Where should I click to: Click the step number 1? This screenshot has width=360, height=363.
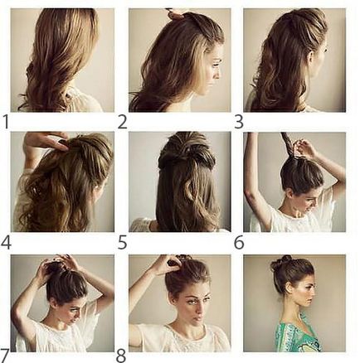coord(6,122)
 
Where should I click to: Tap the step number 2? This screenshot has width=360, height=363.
coord(122,122)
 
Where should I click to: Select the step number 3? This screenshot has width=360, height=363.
coord(239,122)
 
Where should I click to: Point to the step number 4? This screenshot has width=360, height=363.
coord(6,242)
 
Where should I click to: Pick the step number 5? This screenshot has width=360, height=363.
coord(122,242)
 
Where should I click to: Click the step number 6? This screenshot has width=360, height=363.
coord(239,242)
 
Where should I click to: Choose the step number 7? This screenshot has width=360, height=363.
coord(5,356)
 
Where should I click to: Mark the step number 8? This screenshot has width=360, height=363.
coord(121,356)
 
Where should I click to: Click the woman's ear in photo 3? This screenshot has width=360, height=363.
coord(312,56)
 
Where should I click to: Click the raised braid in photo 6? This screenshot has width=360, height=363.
coord(288,144)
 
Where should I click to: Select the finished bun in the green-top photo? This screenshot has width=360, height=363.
coord(279,263)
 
